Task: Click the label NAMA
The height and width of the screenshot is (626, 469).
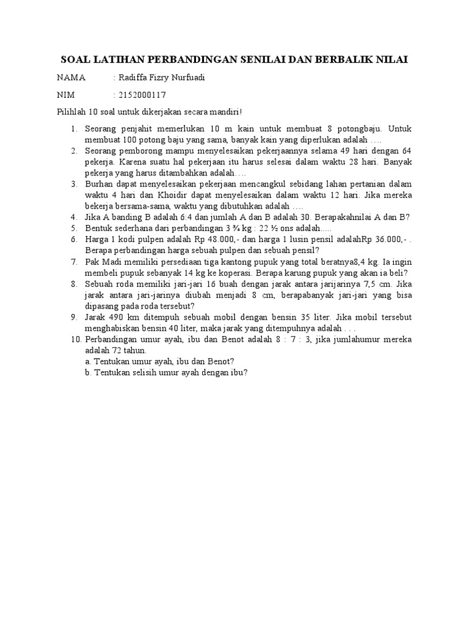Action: [71, 78]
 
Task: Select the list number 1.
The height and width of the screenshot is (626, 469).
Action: [73, 129]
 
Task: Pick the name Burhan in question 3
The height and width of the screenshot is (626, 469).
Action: [100, 184]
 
